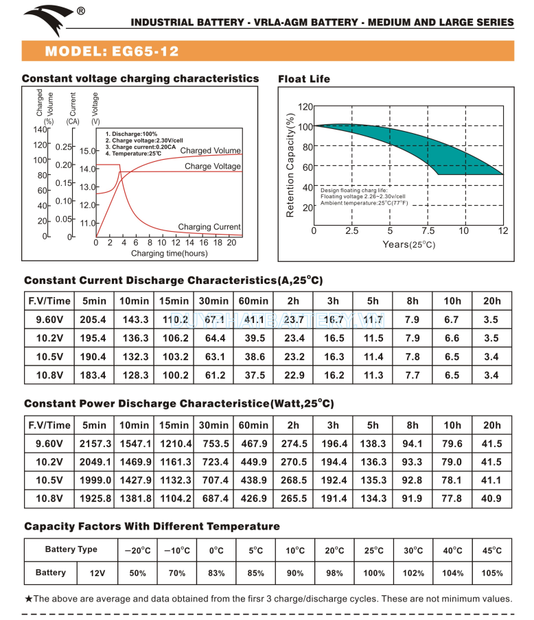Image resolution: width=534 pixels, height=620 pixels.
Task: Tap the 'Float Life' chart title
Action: point(304,80)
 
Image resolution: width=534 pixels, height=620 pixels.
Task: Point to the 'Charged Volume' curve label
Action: point(210,151)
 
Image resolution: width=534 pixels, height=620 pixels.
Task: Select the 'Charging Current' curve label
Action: point(209,227)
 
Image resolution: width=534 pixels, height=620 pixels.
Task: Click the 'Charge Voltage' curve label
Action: point(213,167)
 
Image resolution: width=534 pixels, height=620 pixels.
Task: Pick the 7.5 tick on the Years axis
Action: point(428,230)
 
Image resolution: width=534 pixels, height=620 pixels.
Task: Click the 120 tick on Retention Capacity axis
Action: point(305,106)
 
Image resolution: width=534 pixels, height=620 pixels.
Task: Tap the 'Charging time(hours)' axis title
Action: point(169,254)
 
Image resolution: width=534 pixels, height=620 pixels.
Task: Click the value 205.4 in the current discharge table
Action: point(93,320)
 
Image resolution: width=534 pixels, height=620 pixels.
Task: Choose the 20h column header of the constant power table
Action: point(492,425)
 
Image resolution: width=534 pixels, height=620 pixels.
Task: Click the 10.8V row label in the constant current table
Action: point(49,375)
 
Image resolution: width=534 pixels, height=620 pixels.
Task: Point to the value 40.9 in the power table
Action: point(492,499)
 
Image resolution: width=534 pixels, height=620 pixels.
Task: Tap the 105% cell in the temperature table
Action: point(492,573)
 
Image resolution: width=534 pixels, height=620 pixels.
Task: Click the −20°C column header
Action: point(137,550)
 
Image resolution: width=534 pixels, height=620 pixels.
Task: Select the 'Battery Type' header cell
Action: point(71,549)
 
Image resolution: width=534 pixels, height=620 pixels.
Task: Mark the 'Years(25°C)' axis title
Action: point(408,245)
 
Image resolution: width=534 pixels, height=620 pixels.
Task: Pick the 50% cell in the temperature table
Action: point(137,573)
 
